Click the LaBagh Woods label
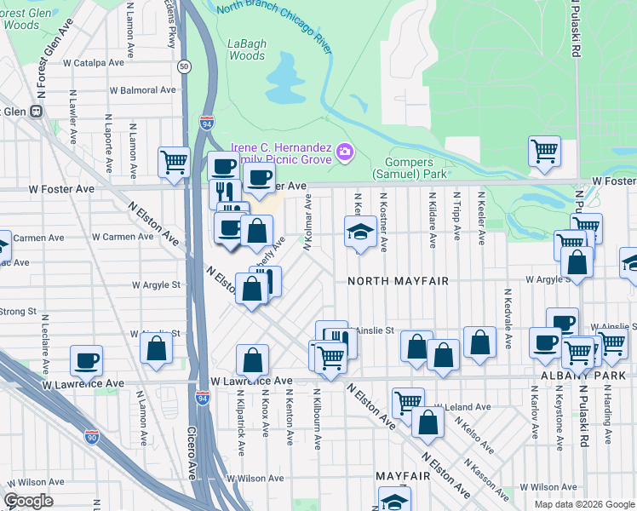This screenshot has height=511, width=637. coord(246,49)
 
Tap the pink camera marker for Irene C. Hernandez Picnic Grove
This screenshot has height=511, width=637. coord(345,152)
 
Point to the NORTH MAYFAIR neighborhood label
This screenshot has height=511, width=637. coord(398,280)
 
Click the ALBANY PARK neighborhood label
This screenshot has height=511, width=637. coord(600,375)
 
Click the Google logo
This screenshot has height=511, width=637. coord(28,501)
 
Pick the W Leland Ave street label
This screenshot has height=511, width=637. coord(462,408)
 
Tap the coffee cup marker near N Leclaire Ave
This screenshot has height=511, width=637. coord(86,359)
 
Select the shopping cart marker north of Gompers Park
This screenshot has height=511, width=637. coord(543,152)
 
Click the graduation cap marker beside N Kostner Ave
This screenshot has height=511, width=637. coord(360,231)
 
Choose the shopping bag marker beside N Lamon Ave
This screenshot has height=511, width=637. coord(155,348)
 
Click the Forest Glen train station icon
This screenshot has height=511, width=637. coord(36,111)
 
